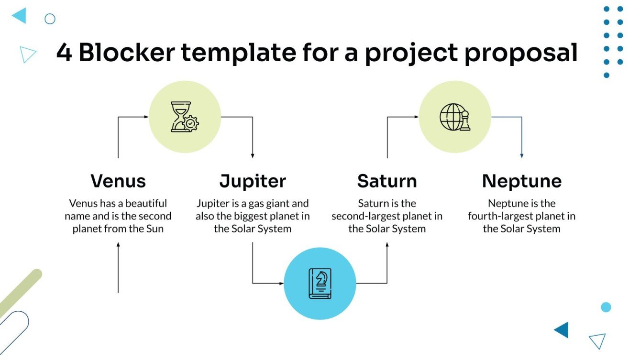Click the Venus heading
118,181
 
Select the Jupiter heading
253,181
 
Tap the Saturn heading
387,181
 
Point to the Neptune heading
521,181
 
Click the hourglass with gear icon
185,117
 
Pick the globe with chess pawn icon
455,117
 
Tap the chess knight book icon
320,283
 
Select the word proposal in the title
521,53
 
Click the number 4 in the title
64,53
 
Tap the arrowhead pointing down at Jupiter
253,155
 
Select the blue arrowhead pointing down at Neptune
521,155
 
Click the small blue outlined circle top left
50,19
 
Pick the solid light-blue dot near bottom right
606,307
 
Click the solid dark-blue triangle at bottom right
563,329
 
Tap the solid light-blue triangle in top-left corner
20,16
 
